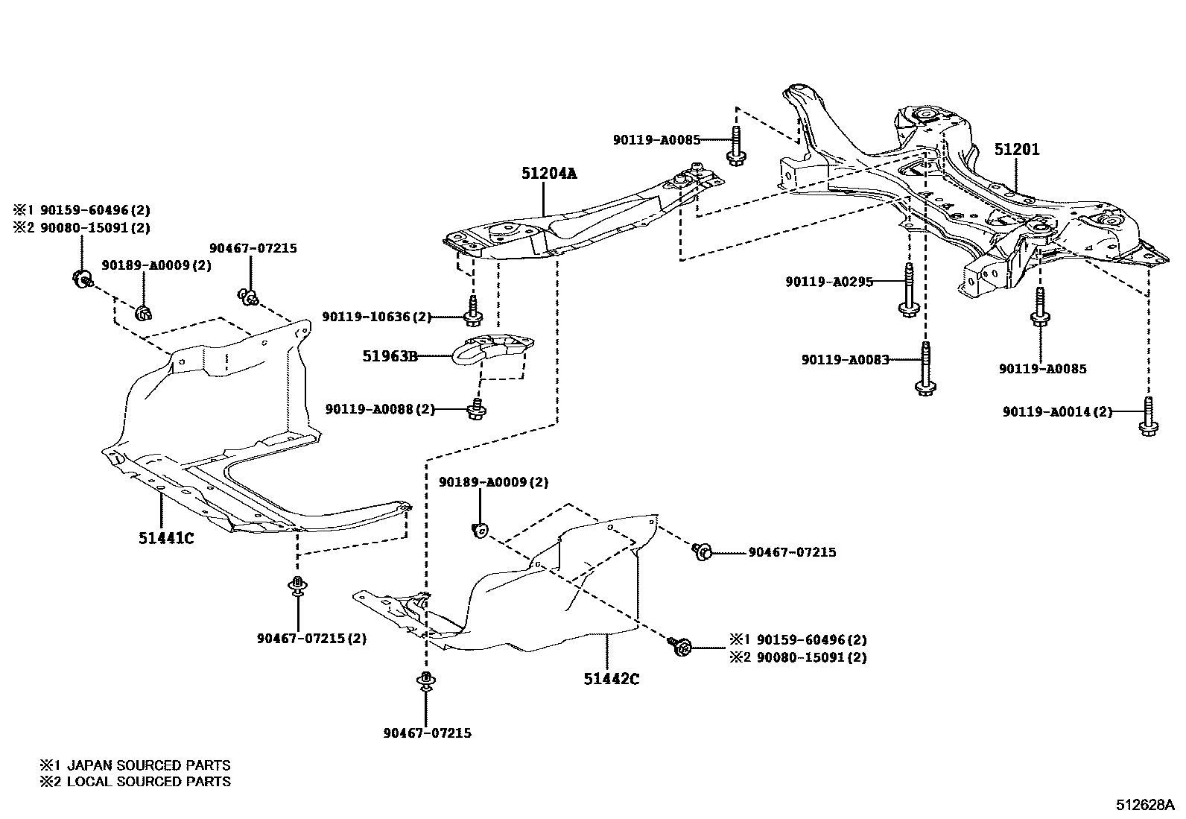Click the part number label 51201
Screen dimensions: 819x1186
click(1017, 150)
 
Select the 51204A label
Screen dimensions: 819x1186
click(549, 174)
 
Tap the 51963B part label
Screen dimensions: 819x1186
click(390, 356)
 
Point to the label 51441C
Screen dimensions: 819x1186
click(165, 537)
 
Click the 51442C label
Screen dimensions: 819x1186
click(612, 679)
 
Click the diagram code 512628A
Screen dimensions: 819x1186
click(1144, 805)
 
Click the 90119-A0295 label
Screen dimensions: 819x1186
click(828, 282)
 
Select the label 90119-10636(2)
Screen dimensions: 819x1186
click(376, 317)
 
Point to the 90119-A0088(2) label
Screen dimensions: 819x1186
click(380, 409)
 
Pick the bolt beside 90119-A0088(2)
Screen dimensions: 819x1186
click(476, 408)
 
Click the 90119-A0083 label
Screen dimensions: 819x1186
click(845, 359)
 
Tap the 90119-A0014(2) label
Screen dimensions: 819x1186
click(1056, 411)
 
